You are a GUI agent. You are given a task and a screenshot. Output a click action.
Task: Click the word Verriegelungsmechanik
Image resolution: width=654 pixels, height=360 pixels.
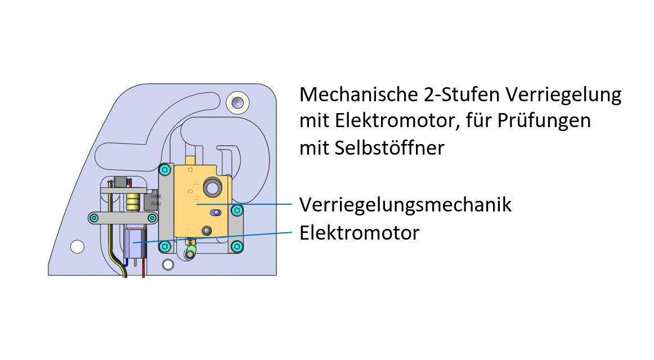pyautogui.click(x=405, y=204)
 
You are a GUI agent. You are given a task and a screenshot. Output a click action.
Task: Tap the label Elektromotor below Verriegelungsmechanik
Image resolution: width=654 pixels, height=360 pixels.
pyautogui.click(x=359, y=232)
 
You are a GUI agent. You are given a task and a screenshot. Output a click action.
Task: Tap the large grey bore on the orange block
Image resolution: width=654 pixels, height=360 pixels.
pyautogui.click(x=213, y=187)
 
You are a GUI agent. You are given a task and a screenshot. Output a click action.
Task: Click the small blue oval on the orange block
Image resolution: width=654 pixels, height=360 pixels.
pyautogui.click(x=214, y=213)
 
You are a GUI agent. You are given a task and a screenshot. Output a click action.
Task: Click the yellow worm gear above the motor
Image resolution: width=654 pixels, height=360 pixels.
pyautogui.click(x=133, y=202)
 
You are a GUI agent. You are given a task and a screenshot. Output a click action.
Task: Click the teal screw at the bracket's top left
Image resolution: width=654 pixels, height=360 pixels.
pyautogui.click(x=165, y=169)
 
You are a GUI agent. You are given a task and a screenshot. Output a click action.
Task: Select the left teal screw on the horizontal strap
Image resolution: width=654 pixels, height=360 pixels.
pyautogui.click(x=95, y=218)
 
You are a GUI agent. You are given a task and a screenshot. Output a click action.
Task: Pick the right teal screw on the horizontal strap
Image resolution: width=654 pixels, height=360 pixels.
pyautogui.click(x=152, y=218)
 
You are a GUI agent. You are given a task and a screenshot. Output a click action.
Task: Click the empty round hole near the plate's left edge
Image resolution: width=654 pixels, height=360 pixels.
pyautogui.click(x=77, y=246)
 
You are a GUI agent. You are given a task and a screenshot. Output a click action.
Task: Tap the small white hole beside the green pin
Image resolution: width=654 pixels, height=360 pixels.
pyautogui.click(x=168, y=264)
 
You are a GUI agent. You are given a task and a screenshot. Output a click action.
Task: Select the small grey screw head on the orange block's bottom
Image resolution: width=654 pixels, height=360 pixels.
pyautogui.click(x=207, y=230)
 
